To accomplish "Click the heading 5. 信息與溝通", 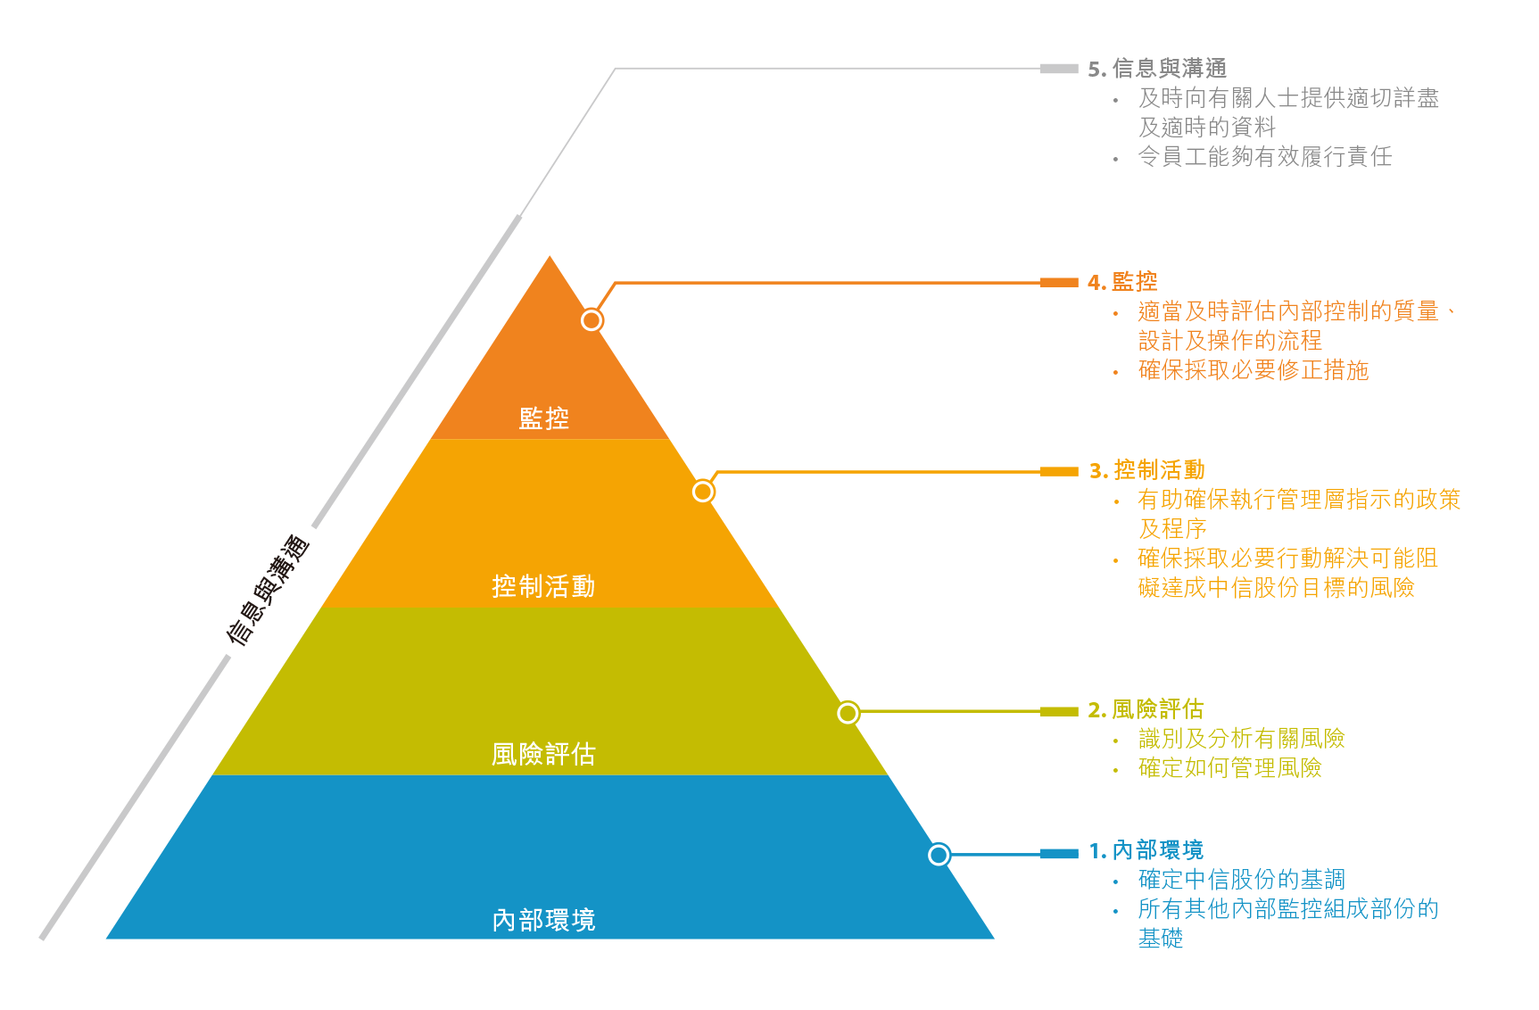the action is point(1157,69).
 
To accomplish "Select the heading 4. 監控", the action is point(1122,282).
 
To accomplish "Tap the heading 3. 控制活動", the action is point(1146,470).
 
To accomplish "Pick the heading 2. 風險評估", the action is point(1146,709).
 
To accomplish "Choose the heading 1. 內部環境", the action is point(1146,850).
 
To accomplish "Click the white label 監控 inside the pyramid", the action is point(543,418).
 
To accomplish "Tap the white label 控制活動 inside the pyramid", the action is point(543,586).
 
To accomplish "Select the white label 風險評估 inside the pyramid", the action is point(543,754).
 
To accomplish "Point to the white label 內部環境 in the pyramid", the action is point(543,920).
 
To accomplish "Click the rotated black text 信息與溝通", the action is point(269,590).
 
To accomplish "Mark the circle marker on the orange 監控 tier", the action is point(592,320).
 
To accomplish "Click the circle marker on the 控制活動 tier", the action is point(703,492).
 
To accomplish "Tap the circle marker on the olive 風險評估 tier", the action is point(848,713).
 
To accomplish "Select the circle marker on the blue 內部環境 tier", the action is point(939,855).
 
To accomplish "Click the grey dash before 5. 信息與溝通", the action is point(1059,69).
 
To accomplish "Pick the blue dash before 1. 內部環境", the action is point(1059,854).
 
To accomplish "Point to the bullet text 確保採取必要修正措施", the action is point(1254,370).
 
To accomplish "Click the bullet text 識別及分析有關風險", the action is point(1242,739).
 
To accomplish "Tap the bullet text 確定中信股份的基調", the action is point(1242,880).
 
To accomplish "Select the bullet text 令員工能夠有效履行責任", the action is point(1265,157).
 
